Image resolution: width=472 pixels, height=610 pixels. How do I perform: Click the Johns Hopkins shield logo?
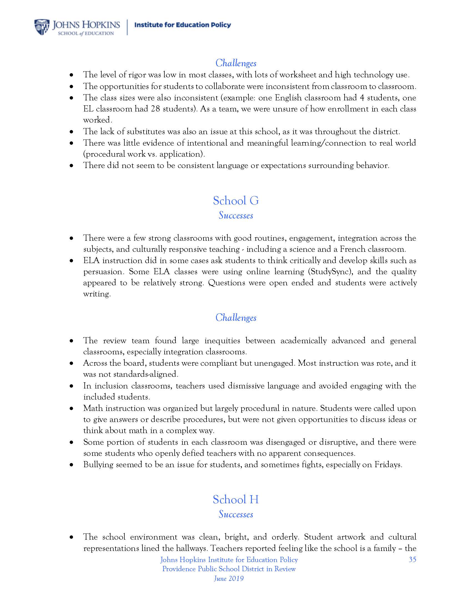[42, 27]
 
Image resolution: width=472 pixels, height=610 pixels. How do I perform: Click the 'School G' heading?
[236, 200]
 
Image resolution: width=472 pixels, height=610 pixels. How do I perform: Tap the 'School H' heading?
[236, 499]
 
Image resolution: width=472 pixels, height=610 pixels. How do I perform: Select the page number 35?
[412, 559]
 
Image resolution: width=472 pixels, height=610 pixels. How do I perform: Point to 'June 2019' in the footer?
[229, 578]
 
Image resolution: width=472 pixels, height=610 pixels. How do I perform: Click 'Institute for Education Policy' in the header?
[183, 25]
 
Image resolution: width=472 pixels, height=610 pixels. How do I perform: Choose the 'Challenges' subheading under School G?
[236, 317]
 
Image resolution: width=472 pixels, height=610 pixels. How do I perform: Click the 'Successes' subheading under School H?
[236, 514]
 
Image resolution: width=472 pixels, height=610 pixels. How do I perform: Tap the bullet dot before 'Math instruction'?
[72, 408]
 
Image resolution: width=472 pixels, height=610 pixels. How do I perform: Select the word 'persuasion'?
[103, 272]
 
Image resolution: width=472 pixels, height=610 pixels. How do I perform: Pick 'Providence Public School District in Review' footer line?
[229, 569]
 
